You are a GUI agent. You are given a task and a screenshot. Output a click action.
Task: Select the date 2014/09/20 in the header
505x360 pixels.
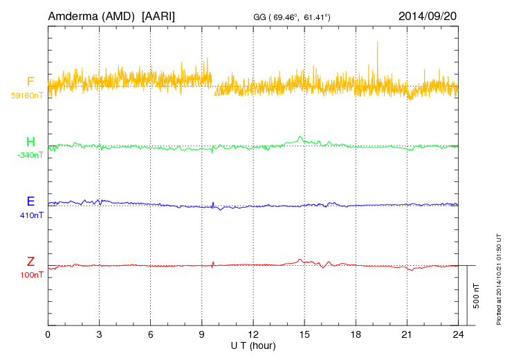[428, 15]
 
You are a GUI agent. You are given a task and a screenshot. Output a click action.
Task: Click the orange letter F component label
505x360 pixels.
[30, 82]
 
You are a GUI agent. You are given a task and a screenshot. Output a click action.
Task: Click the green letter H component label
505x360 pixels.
[30, 142]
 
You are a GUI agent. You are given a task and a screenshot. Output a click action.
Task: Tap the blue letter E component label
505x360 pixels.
[30, 202]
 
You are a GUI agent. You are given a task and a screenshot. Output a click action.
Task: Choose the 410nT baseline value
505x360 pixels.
[32, 215]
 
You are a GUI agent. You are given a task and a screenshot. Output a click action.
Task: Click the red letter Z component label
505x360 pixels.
[30, 262]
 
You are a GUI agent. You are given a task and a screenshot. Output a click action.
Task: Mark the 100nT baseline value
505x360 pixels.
[32, 275]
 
